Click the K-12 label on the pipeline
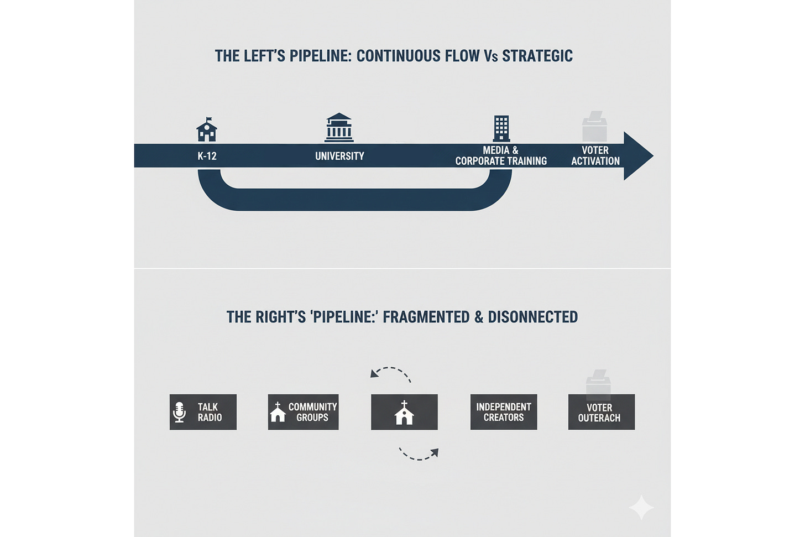point(207,157)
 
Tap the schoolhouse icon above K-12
point(207,130)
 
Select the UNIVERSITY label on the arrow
point(339,157)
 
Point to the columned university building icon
point(339,128)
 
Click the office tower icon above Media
point(501,128)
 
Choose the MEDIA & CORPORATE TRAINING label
point(501,156)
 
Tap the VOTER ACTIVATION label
point(595,156)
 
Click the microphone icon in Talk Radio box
point(179,413)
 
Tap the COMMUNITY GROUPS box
point(303,412)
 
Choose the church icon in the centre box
point(404,413)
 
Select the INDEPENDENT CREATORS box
point(503,412)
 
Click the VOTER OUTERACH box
point(601,413)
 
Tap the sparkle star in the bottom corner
point(641,507)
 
